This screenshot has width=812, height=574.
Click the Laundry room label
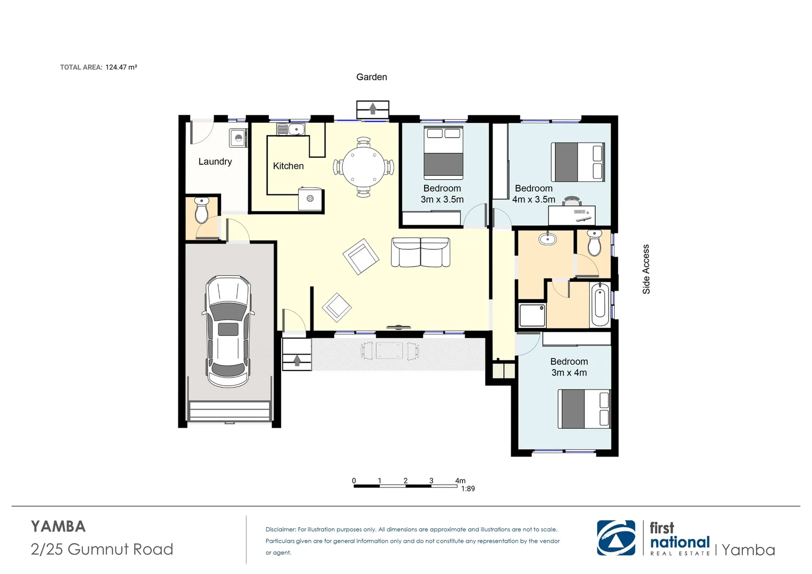click(x=215, y=162)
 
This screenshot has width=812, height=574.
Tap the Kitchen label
click(x=288, y=166)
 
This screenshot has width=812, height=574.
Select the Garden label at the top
click(x=371, y=77)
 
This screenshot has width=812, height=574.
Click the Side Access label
click(x=646, y=269)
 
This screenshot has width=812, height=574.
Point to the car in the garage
click(x=228, y=331)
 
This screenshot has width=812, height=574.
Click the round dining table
click(x=363, y=167)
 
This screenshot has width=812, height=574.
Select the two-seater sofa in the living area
click(x=420, y=252)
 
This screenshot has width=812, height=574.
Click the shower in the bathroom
click(x=532, y=315)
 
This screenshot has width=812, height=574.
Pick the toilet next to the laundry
click(x=201, y=210)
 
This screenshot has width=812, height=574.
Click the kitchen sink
click(x=291, y=129)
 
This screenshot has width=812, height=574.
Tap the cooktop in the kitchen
click(x=310, y=199)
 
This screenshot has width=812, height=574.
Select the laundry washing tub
click(x=238, y=138)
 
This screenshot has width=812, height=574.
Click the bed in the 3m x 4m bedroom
click(x=583, y=409)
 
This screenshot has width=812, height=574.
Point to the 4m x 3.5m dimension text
click(x=534, y=200)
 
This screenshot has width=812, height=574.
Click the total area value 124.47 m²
click(x=121, y=67)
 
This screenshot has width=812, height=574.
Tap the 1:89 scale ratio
click(x=468, y=489)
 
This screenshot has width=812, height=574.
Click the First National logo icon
click(x=616, y=538)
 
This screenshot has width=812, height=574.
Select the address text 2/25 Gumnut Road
click(x=102, y=549)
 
